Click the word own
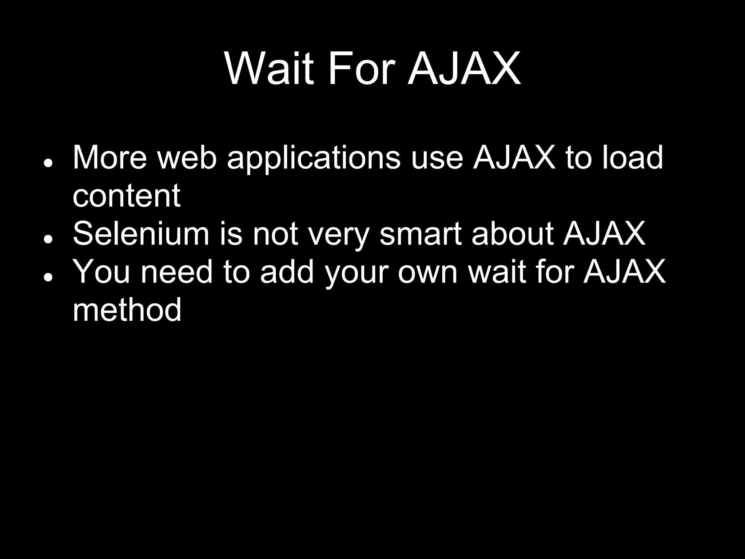coord(427,273)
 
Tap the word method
coord(127,310)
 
